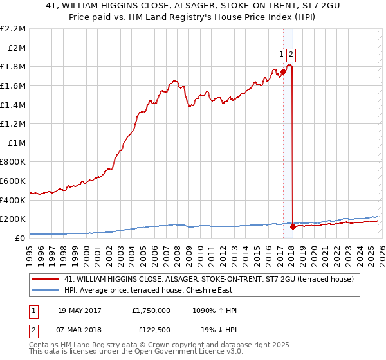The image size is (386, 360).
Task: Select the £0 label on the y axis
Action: pos(20,239)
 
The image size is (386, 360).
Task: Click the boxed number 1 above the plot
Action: pos(282,55)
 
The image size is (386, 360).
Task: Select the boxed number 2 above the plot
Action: pos(291,55)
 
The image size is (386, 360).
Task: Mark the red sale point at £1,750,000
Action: pos(283,71)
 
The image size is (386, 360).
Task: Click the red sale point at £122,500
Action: pos(293,226)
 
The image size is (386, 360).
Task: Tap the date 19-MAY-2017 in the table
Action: pos(81,310)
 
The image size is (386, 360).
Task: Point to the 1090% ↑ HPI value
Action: pos(214,310)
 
